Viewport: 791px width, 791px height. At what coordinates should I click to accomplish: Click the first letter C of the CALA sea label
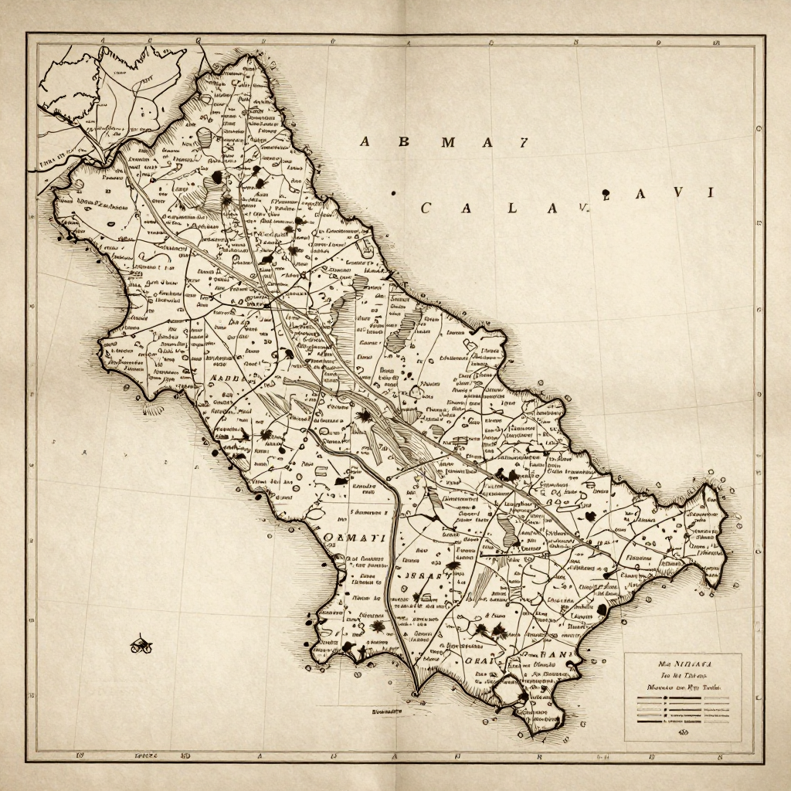click(426, 208)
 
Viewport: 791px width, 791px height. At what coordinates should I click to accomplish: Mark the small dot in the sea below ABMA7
click(393, 193)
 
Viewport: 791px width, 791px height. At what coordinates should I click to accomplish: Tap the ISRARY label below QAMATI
click(421, 576)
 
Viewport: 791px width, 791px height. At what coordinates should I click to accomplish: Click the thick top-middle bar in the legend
click(683, 699)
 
